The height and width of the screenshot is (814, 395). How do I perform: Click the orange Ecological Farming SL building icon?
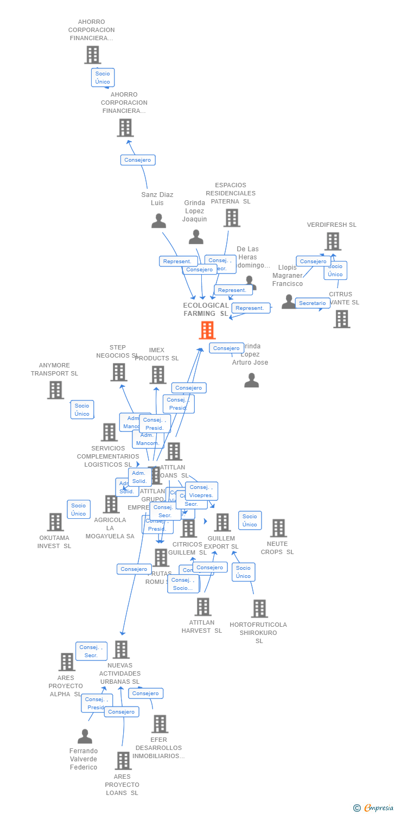pos(207,330)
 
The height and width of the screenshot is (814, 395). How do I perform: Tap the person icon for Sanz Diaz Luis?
pos(158,221)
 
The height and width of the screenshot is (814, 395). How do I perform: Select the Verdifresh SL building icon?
pos(333,241)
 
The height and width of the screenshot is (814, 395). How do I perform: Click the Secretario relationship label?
pos(313,303)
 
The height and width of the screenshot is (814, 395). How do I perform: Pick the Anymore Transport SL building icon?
pos(55,390)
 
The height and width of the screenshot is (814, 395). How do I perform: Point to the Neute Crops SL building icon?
pos(278,528)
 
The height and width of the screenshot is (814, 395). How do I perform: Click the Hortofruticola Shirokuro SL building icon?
pos(259,609)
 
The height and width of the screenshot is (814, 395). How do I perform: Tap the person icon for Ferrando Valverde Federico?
pos(85,736)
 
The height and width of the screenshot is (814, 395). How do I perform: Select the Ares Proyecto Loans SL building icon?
pos(123,761)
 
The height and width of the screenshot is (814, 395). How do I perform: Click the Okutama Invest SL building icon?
pos(55,522)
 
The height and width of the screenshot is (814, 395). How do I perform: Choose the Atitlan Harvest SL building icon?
pos(203,607)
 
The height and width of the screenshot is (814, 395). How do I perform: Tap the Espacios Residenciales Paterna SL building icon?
pos(232,218)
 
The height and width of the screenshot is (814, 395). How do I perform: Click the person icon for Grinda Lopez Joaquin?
pos(196,237)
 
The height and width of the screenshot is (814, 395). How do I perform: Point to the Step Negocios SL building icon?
pos(118,372)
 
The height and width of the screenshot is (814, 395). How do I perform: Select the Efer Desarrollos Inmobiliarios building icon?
pos(160,724)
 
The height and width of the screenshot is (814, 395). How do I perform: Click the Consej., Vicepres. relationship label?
pos(201,491)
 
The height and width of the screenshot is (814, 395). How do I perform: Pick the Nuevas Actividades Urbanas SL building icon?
pos(121,650)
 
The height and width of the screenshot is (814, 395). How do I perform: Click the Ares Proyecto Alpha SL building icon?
pos(67,662)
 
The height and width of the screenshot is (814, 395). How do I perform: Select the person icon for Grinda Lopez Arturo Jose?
pos(251,380)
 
